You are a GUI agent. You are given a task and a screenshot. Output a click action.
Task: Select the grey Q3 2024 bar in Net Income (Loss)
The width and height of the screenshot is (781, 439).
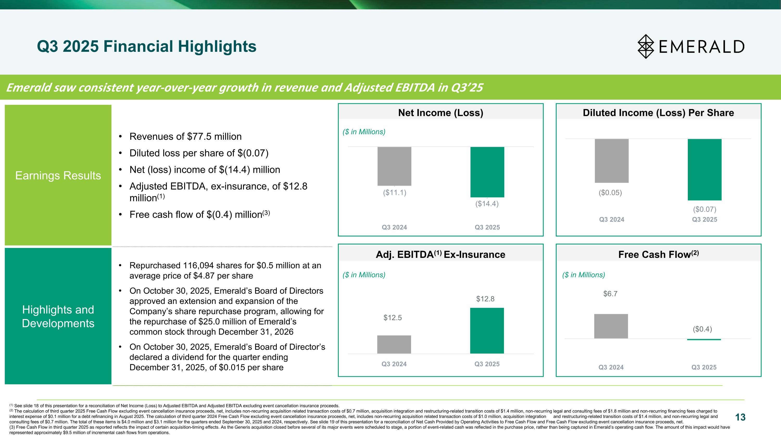pos(394,166)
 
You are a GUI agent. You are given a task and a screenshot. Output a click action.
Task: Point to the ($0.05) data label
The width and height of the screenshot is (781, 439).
pos(610,193)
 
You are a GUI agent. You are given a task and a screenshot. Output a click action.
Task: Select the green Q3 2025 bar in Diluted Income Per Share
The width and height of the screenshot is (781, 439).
pos(704,169)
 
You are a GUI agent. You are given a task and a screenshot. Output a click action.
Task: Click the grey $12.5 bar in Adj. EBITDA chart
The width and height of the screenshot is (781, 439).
pos(394,344)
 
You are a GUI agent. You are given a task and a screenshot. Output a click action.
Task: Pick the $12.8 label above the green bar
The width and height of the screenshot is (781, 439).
pos(485,299)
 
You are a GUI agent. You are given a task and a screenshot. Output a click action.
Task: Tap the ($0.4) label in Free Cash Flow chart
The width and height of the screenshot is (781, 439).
pos(702,329)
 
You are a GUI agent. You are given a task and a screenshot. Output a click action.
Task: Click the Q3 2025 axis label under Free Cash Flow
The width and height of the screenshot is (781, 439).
pos(704,367)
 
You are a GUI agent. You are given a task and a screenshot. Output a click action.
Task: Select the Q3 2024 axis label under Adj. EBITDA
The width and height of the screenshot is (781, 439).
pos(394,364)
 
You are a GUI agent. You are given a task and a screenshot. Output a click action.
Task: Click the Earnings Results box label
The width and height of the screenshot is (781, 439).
pos(58,175)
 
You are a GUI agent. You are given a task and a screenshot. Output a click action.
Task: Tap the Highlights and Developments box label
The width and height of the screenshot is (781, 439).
pos(58,316)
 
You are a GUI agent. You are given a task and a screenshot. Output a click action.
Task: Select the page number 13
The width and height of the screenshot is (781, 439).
pos(740,417)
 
